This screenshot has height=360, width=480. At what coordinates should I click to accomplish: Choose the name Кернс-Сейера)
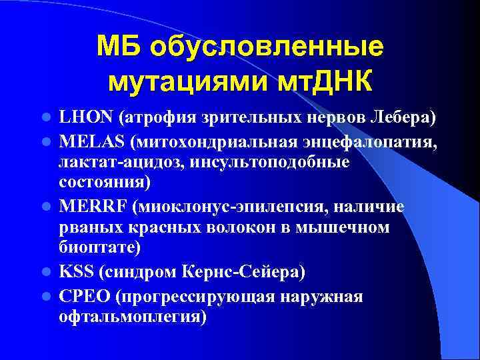tap(253, 272)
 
